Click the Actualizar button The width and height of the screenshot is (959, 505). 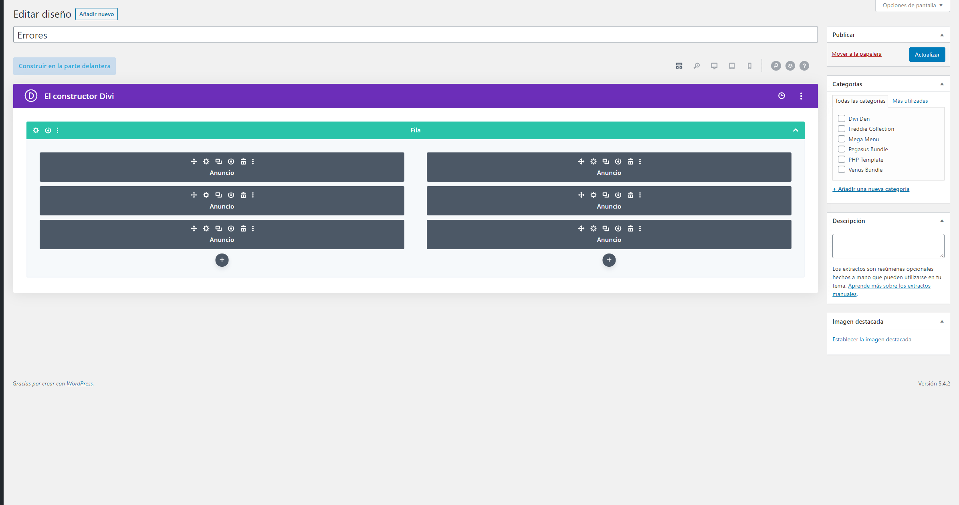[927, 55]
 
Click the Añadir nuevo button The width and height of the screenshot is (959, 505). [97, 14]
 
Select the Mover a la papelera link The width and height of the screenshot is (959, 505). [856, 54]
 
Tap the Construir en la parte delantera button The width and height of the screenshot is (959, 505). [65, 66]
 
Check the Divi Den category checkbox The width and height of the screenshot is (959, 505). [842, 118]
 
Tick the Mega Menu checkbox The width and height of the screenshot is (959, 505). [842, 139]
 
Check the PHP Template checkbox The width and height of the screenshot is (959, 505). [842, 159]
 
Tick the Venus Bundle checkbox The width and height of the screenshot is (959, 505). [842, 169]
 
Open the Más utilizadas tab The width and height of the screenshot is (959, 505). [910, 101]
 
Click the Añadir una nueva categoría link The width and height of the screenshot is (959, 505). [871, 189]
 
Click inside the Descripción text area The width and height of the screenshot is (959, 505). [888, 246]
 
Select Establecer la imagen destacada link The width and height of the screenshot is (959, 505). [872, 339]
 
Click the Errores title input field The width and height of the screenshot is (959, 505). [415, 35]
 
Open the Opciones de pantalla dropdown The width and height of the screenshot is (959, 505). [913, 6]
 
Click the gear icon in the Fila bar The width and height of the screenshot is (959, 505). [36, 130]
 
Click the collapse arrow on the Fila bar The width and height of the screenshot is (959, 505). [795, 130]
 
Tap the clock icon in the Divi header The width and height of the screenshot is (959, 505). [781, 96]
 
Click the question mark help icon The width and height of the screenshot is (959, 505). [804, 66]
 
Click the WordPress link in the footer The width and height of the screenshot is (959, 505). [79, 383]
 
